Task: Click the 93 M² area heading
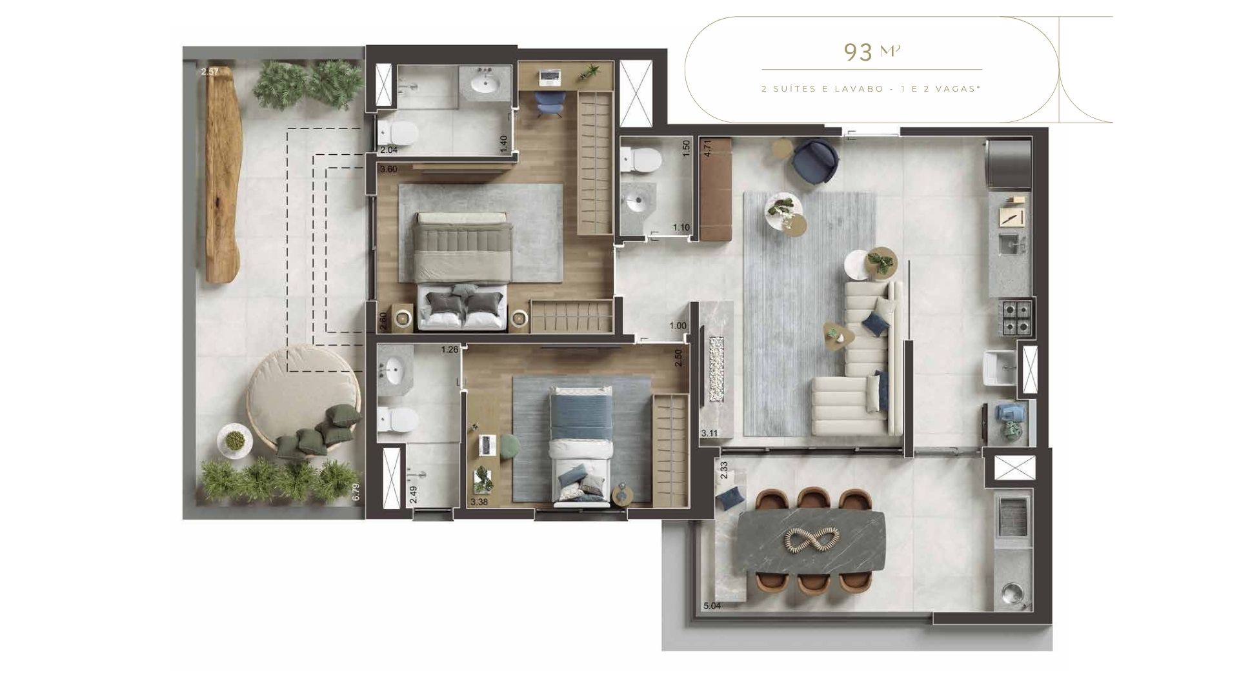[x=872, y=52]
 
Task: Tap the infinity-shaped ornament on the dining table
[x=812, y=540]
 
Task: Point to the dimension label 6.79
[x=356, y=492]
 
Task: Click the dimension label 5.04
[x=712, y=606]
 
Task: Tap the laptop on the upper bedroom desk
[x=549, y=77]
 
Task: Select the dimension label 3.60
[x=388, y=170]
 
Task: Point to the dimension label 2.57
[x=210, y=72]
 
